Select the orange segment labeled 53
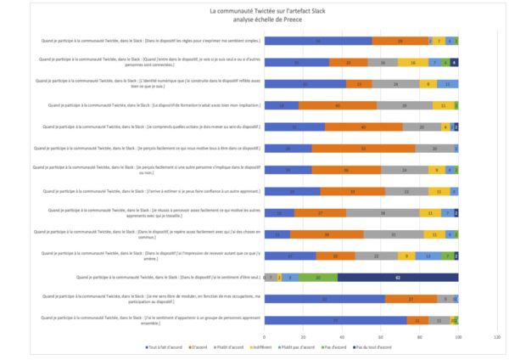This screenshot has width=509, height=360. tap(364, 148)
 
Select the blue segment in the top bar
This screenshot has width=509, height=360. tap(318, 40)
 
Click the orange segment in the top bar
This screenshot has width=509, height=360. tap(400, 40)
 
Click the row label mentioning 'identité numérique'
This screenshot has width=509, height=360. tap(144, 82)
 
